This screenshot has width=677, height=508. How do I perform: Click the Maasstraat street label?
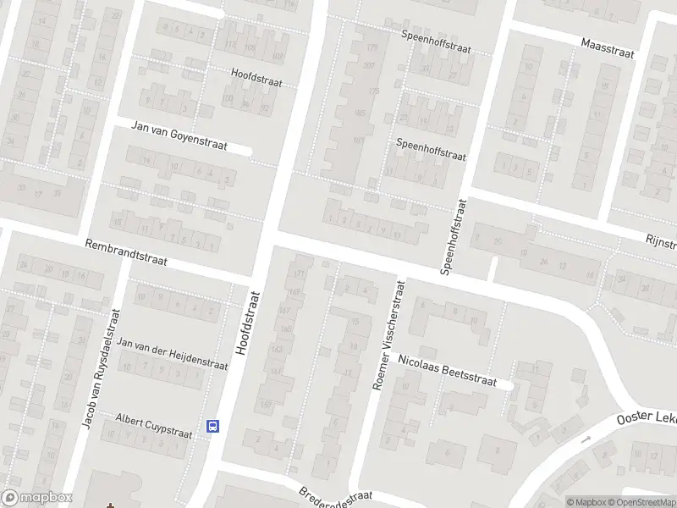[608, 47]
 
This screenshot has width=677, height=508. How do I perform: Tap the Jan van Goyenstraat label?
[179, 135]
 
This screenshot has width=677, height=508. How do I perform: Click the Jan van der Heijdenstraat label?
[173, 355]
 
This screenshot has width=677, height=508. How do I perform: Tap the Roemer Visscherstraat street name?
[389, 336]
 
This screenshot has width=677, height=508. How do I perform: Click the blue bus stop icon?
[213, 427]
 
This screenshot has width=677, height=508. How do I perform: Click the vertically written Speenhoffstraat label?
[454, 237]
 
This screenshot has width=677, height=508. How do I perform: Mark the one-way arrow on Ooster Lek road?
[585, 439]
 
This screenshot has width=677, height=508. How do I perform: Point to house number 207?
[368, 65]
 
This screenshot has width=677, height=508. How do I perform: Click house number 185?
[360, 113]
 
